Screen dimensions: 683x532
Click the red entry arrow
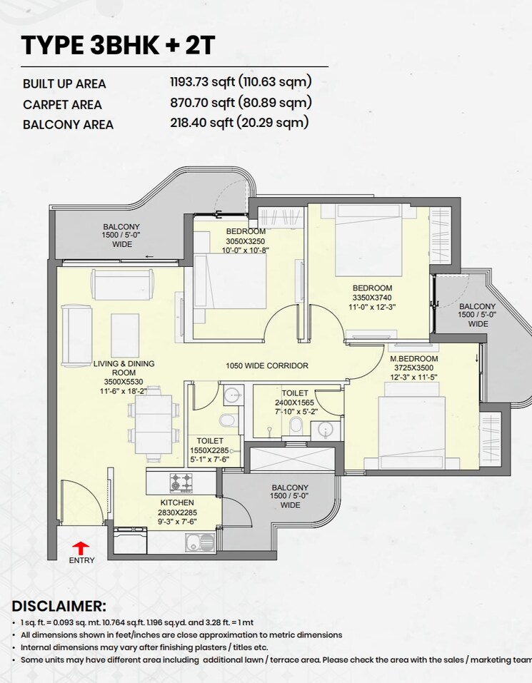click(x=81, y=547)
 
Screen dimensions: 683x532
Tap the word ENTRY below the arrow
click(x=81, y=560)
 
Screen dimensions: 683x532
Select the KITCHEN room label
click(x=177, y=502)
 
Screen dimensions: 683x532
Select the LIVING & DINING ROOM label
click(x=124, y=368)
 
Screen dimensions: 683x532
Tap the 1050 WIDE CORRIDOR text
click(x=267, y=365)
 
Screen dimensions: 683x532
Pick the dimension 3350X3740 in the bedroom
click(x=372, y=297)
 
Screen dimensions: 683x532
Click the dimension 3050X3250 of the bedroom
click(x=246, y=241)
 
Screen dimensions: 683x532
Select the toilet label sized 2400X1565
click(x=295, y=403)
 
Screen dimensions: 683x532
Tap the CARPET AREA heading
click(x=62, y=104)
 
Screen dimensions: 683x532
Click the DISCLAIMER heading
click(x=59, y=606)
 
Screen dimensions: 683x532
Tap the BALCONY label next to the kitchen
click(x=290, y=487)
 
